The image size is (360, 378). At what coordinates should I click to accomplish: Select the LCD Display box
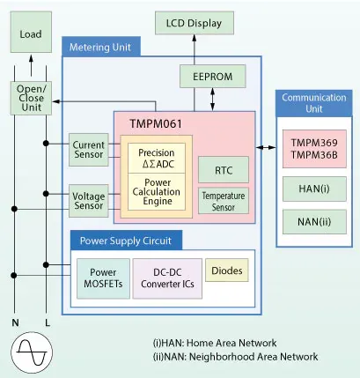tap(200, 22)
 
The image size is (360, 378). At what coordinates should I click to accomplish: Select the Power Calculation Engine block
tap(158, 190)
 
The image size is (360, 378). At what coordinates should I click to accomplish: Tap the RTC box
tap(223, 169)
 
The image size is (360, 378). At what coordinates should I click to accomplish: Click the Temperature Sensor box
tap(223, 200)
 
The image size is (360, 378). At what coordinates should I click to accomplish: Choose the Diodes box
tap(226, 271)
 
